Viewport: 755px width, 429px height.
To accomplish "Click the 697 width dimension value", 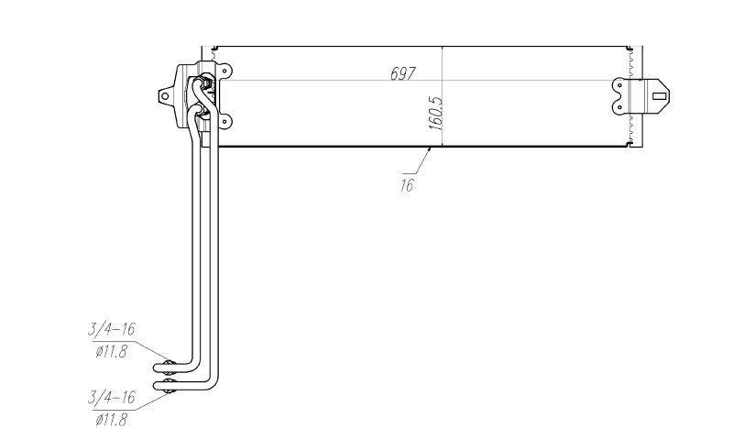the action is pos(402,73).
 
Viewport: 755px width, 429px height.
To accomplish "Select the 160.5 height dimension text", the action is pos(435,113).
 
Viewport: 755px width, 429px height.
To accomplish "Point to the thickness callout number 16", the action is pos(407,185).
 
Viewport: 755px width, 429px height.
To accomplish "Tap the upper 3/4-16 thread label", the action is pos(111,329).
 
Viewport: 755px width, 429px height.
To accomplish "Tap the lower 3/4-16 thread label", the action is pos(111,398).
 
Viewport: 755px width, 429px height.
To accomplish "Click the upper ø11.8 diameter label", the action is pos(111,351).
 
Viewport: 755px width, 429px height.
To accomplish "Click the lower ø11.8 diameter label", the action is pos(111,420).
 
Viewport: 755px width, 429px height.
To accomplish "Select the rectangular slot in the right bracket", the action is pos(659,96).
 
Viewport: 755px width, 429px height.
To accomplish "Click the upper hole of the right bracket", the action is pos(619,86).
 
